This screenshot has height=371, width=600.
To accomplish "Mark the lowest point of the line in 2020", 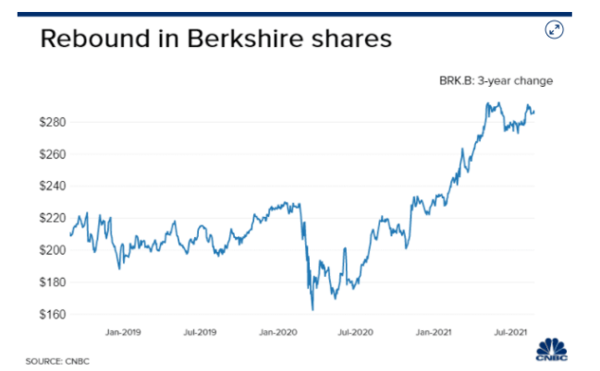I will [312, 309].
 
